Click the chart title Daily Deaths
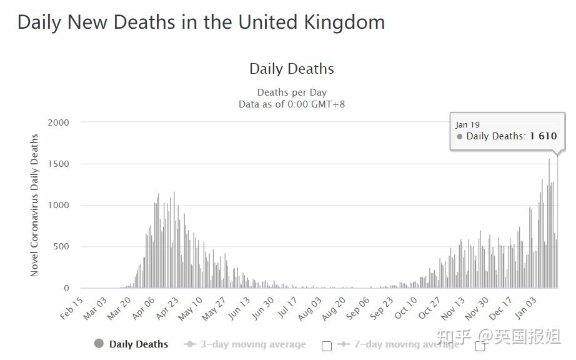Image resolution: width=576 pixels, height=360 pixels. click(291, 69)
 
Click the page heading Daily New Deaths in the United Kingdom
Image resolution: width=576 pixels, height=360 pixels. click(201, 22)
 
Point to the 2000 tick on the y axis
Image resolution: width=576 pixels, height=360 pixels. click(58, 122)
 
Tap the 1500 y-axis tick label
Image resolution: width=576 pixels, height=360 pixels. click(58, 164)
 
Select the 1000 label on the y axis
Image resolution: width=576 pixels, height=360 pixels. click(58, 205)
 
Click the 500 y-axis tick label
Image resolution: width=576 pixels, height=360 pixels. click(61, 247)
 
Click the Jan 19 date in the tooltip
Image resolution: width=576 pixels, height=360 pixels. click(468, 124)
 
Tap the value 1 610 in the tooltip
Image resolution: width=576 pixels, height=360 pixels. click(543, 136)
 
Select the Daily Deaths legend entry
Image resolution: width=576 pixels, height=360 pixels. click(138, 344)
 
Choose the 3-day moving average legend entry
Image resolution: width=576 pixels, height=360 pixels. click(253, 344)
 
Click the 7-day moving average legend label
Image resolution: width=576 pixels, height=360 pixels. click(406, 344)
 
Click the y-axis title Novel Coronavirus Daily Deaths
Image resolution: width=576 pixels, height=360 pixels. click(34, 205)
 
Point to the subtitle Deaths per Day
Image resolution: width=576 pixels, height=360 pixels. click(292, 92)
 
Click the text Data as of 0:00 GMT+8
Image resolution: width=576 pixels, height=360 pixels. click(292, 104)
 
